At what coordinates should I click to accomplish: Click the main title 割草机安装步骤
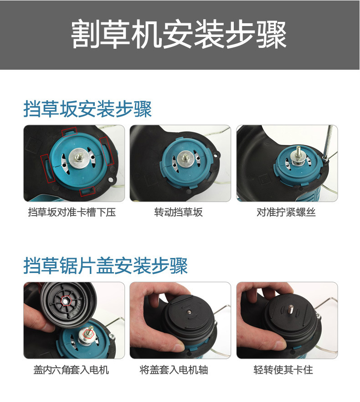click(179, 35)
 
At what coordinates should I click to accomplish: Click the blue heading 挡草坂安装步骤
click(87, 109)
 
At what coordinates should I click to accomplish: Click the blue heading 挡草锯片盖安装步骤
click(106, 265)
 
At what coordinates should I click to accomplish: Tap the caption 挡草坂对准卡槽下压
click(72, 212)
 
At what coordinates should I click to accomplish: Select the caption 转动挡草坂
click(179, 212)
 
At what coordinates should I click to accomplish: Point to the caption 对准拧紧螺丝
click(286, 212)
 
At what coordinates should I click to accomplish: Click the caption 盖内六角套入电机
click(71, 370)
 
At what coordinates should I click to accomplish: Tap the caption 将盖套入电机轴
click(174, 370)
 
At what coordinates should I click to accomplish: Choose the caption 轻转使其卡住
click(283, 370)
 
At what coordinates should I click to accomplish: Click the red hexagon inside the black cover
click(67, 300)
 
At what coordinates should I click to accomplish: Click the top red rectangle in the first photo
click(69, 132)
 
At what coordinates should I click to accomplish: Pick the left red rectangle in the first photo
click(48, 169)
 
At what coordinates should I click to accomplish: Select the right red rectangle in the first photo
click(107, 151)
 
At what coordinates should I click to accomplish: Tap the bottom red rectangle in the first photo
click(87, 191)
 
